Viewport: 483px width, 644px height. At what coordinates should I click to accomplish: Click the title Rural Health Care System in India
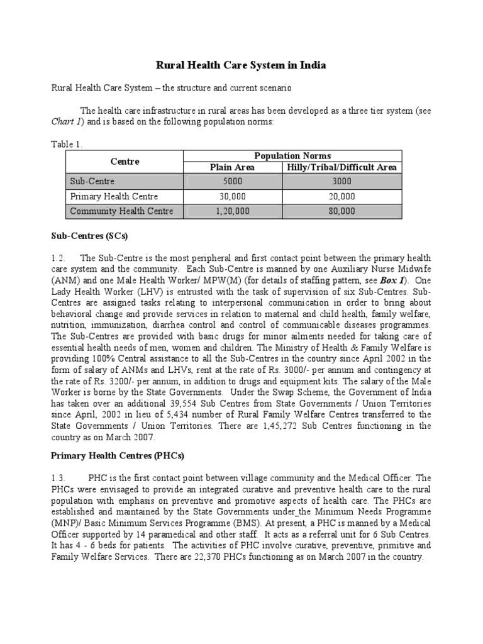point(241,65)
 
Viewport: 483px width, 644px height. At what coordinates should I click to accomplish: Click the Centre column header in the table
point(125,162)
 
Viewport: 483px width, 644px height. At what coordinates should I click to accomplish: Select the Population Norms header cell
point(292,156)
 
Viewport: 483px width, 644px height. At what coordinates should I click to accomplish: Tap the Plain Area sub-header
point(233,167)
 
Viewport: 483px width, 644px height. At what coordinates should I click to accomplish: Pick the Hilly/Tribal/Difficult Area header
point(341,167)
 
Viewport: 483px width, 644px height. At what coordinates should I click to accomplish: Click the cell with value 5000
point(233,181)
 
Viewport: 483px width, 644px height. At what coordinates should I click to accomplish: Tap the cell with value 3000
point(341,181)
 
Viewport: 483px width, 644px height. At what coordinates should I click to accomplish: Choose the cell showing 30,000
point(233,196)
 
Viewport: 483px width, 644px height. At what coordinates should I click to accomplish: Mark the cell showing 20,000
point(341,196)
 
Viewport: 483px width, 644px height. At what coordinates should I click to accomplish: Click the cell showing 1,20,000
point(233,211)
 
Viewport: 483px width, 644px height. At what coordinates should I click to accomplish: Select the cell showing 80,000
point(341,211)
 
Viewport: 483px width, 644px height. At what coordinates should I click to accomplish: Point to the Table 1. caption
point(67,144)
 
